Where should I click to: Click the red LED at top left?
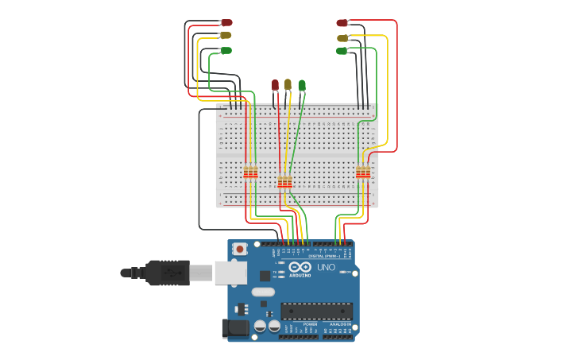(226, 22)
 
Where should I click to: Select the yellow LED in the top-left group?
(226, 35)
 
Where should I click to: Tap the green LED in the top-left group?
(226, 50)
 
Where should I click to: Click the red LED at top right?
(342, 23)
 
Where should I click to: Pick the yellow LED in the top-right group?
(342, 37)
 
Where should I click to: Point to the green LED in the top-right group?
(342, 51)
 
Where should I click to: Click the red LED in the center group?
(276, 84)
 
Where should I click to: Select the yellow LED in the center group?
(288, 84)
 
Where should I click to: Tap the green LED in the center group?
(302, 85)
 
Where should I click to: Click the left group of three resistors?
(250, 172)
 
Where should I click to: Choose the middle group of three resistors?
(284, 183)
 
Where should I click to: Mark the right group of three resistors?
(363, 172)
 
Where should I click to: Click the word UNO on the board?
(327, 267)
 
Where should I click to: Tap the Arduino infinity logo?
(300, 267)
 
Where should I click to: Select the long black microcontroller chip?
(316, 311)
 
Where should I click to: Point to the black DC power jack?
(234, 327)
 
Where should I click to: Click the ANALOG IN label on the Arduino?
(339, 324)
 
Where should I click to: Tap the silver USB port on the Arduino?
(230, 273)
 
